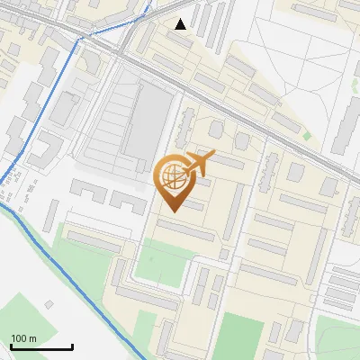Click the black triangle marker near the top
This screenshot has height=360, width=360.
coord(181,24)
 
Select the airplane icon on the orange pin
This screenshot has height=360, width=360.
coord(200,163)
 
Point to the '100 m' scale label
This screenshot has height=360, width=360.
coord(23,338)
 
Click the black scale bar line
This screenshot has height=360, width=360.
coord(41,346)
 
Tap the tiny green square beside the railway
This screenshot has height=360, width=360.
coord(307,136)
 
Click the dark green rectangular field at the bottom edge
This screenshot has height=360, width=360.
coord(238,337)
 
